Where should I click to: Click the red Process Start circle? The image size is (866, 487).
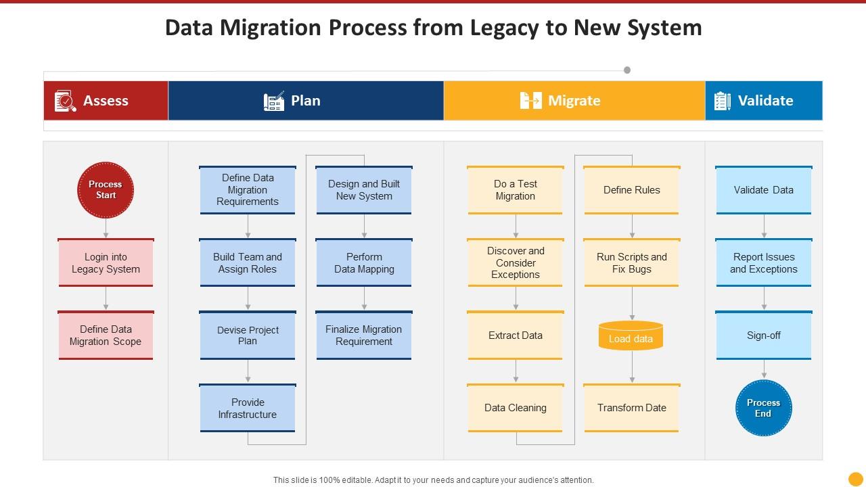(x=106, y=190)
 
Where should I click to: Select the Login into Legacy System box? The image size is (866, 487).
(x=106, y=263)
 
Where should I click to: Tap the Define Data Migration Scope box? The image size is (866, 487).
(x=106, y=335)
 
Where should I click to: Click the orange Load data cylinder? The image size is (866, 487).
(x=631, y=335)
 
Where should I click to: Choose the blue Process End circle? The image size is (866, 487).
(x=764, y=408)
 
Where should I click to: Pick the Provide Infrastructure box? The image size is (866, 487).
(x=248, y=408)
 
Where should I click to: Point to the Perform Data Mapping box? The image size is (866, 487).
(x=364, y=263)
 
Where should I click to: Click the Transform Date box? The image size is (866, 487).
(x=632, y=408)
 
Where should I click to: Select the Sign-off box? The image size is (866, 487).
(x=764, y=335)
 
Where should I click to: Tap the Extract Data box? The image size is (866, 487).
(x=516, y=335)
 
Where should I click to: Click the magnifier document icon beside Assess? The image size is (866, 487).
(x=65, y=101)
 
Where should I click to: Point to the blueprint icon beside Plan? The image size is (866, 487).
(x=274, y=101)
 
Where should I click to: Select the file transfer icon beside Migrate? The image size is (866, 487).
(x=531, y=101)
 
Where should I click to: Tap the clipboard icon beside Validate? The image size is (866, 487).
(x=722, y=101)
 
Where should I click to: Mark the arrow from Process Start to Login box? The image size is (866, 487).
(x=106, y=228)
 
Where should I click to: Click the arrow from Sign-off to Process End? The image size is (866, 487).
(x=764, y=369)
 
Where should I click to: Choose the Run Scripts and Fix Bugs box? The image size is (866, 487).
(x=632, y=263)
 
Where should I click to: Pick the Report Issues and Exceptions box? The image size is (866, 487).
(x=764, y=263)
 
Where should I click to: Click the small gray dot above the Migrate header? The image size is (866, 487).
(x=627, y=70)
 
